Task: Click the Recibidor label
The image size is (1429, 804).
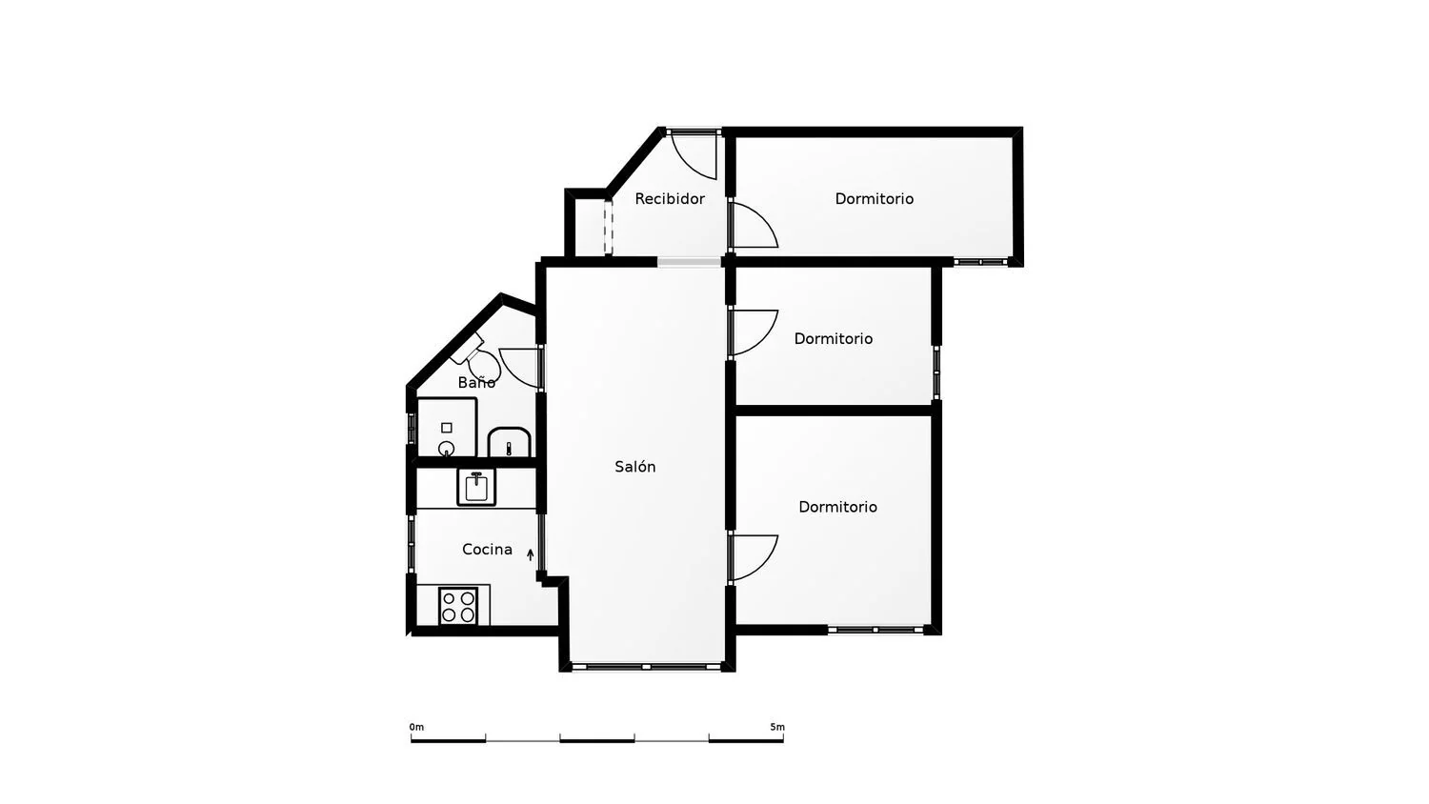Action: [x=669, y=198]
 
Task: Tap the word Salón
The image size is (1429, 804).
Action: [x=634, y=467]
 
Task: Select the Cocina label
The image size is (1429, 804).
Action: [x=487, y=549]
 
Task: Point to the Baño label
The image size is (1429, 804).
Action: [x=476, y=382]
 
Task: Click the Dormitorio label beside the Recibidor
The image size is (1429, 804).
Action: [x=874, y=198]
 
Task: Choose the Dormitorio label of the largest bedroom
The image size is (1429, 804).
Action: [x=837, y=507]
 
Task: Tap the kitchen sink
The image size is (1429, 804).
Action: [x=476, y=487]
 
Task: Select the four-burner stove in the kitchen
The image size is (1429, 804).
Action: [x=458, y=606]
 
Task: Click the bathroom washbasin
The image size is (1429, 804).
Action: [x=509, y=442]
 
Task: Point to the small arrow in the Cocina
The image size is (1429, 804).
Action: [x=530, y=554]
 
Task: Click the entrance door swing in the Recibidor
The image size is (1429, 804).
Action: [x=694, y=155]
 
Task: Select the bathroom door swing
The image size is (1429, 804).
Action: [x=519, y=368]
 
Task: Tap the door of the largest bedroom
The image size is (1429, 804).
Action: [x=755, y=557]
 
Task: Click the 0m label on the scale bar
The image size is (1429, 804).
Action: [x=416, y=727]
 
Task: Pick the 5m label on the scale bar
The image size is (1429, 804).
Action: [x=777, y=727]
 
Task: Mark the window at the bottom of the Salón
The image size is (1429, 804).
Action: [x=646, y=667]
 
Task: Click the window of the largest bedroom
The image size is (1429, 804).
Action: [x=876, y=630]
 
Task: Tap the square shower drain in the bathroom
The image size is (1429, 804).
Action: [x=447, y=428]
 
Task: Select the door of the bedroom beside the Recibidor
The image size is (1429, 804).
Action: [x=755, y=225]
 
